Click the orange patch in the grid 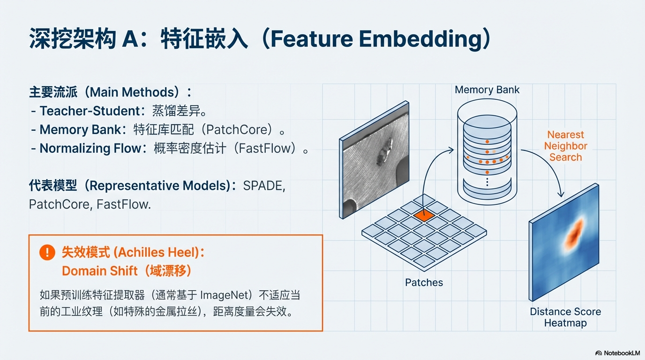[424, 215]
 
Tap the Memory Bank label [487, 90]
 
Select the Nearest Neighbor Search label [565, 146]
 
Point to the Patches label [424, 282]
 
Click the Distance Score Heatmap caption [565, 317]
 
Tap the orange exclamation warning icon [47, 252]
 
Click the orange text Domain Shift [100, 271]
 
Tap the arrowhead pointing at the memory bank [451, 150]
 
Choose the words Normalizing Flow [90, 149]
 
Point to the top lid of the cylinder [487, 109]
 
